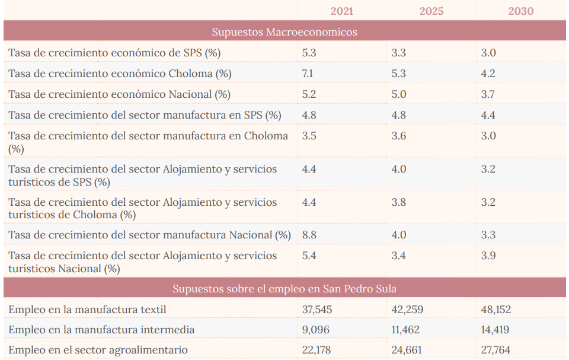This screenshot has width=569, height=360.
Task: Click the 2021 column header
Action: click(x=342, y=11)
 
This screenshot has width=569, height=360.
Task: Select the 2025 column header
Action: click(x=431, y=11)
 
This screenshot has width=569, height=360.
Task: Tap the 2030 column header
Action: click(x=520, y=11)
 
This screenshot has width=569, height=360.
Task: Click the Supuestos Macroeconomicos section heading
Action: click(x=284, y=32)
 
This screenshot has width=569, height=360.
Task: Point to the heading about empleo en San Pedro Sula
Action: click(x=284, y=289)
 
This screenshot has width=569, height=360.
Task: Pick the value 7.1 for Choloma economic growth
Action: click(x=308, y=74)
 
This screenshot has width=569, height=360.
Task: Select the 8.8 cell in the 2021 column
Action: click(x=309, y=235)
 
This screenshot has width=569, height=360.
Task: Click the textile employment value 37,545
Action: click(x=317, y=310)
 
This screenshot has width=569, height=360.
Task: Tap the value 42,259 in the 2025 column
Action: click(x=407, y=310)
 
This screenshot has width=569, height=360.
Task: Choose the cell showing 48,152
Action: click(x=496, y=310)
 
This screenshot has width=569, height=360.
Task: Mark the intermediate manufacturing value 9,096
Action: click(x=316, y=330)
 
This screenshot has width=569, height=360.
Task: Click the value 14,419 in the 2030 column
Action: click(x=495, y=330)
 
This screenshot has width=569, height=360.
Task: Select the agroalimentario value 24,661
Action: click(x=407, y=350)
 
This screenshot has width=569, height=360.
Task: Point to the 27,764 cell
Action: click(x=496, y=350)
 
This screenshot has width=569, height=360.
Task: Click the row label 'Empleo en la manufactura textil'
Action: click(x=87, y=310)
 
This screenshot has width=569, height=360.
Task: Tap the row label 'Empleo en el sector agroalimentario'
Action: click(x=98, y=350)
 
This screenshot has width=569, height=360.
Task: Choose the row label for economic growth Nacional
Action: click(x=119, y=94)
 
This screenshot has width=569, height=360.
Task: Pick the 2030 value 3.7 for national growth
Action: click(x=488, y=94)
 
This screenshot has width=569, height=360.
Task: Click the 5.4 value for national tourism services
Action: click(x=309, y=256)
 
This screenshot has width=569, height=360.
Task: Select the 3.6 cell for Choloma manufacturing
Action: click(x=398, y=136)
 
